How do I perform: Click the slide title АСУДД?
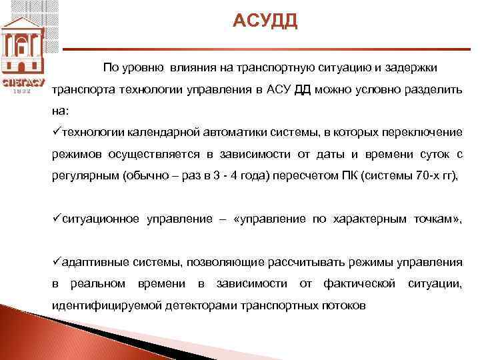(x=265, y=21)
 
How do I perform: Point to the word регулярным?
(x=79, y=176)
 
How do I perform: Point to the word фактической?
(x=360, y=284)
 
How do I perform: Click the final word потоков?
(x=342, y=306)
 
